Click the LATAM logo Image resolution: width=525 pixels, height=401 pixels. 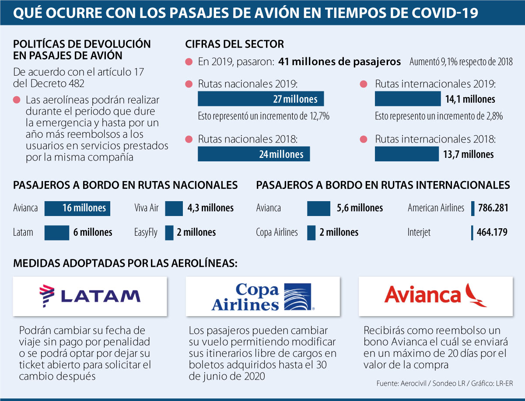tap(90, 296)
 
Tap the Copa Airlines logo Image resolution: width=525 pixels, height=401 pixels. tap(263, 296)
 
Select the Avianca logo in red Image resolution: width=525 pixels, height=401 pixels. tap(436, 296)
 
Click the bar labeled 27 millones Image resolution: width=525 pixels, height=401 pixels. tap(261, 99)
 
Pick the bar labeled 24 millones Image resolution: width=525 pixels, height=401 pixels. tap(254, 154)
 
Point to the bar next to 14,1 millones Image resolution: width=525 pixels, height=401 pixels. tap(408, 99)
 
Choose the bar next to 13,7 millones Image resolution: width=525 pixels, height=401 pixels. tap(407, 154)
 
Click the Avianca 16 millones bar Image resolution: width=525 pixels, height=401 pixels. tap(77, 209)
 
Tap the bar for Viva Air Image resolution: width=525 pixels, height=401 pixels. tap(174, 209)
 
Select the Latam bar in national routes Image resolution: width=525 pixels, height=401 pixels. tap(57, 233)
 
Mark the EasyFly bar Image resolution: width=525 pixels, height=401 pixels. tap(169, 233)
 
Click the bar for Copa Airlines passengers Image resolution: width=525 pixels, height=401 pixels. tap(311, 233)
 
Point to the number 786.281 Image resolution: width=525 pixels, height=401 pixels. tap(493, 208)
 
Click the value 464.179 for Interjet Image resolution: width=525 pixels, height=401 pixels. tap(492, 232)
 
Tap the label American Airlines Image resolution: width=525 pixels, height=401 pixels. tap(436, 208)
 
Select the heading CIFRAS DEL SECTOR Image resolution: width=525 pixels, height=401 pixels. tap(234, 44)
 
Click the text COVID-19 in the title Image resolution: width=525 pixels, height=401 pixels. tap(434, 13)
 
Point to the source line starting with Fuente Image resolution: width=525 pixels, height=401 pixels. tap(444, 384)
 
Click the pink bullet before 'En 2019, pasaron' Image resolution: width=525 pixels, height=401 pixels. tap(189, 62)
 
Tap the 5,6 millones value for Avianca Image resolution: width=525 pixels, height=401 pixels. tap(360, 208)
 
